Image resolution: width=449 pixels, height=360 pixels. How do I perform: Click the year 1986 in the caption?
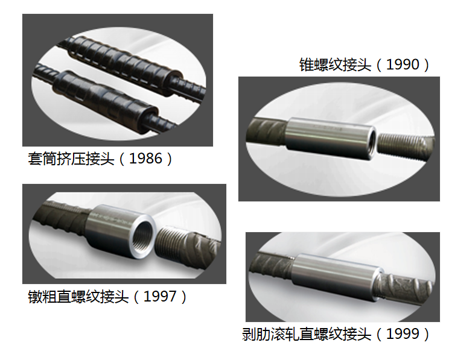coord(146,158)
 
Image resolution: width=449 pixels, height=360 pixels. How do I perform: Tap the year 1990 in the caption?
coord(403,65)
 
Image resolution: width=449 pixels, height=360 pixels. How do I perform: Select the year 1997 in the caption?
coord(160,297)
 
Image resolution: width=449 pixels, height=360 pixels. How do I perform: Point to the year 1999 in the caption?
coord(403,333)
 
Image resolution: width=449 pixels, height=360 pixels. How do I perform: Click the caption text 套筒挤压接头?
coord(71,158)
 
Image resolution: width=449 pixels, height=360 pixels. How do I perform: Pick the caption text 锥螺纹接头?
coord(336,65)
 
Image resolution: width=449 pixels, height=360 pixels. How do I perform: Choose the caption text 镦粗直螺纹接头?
coord(78,297)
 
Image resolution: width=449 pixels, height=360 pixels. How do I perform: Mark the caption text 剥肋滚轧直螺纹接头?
coord(307,333)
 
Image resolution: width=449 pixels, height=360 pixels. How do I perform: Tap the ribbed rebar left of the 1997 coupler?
coord(62,218)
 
